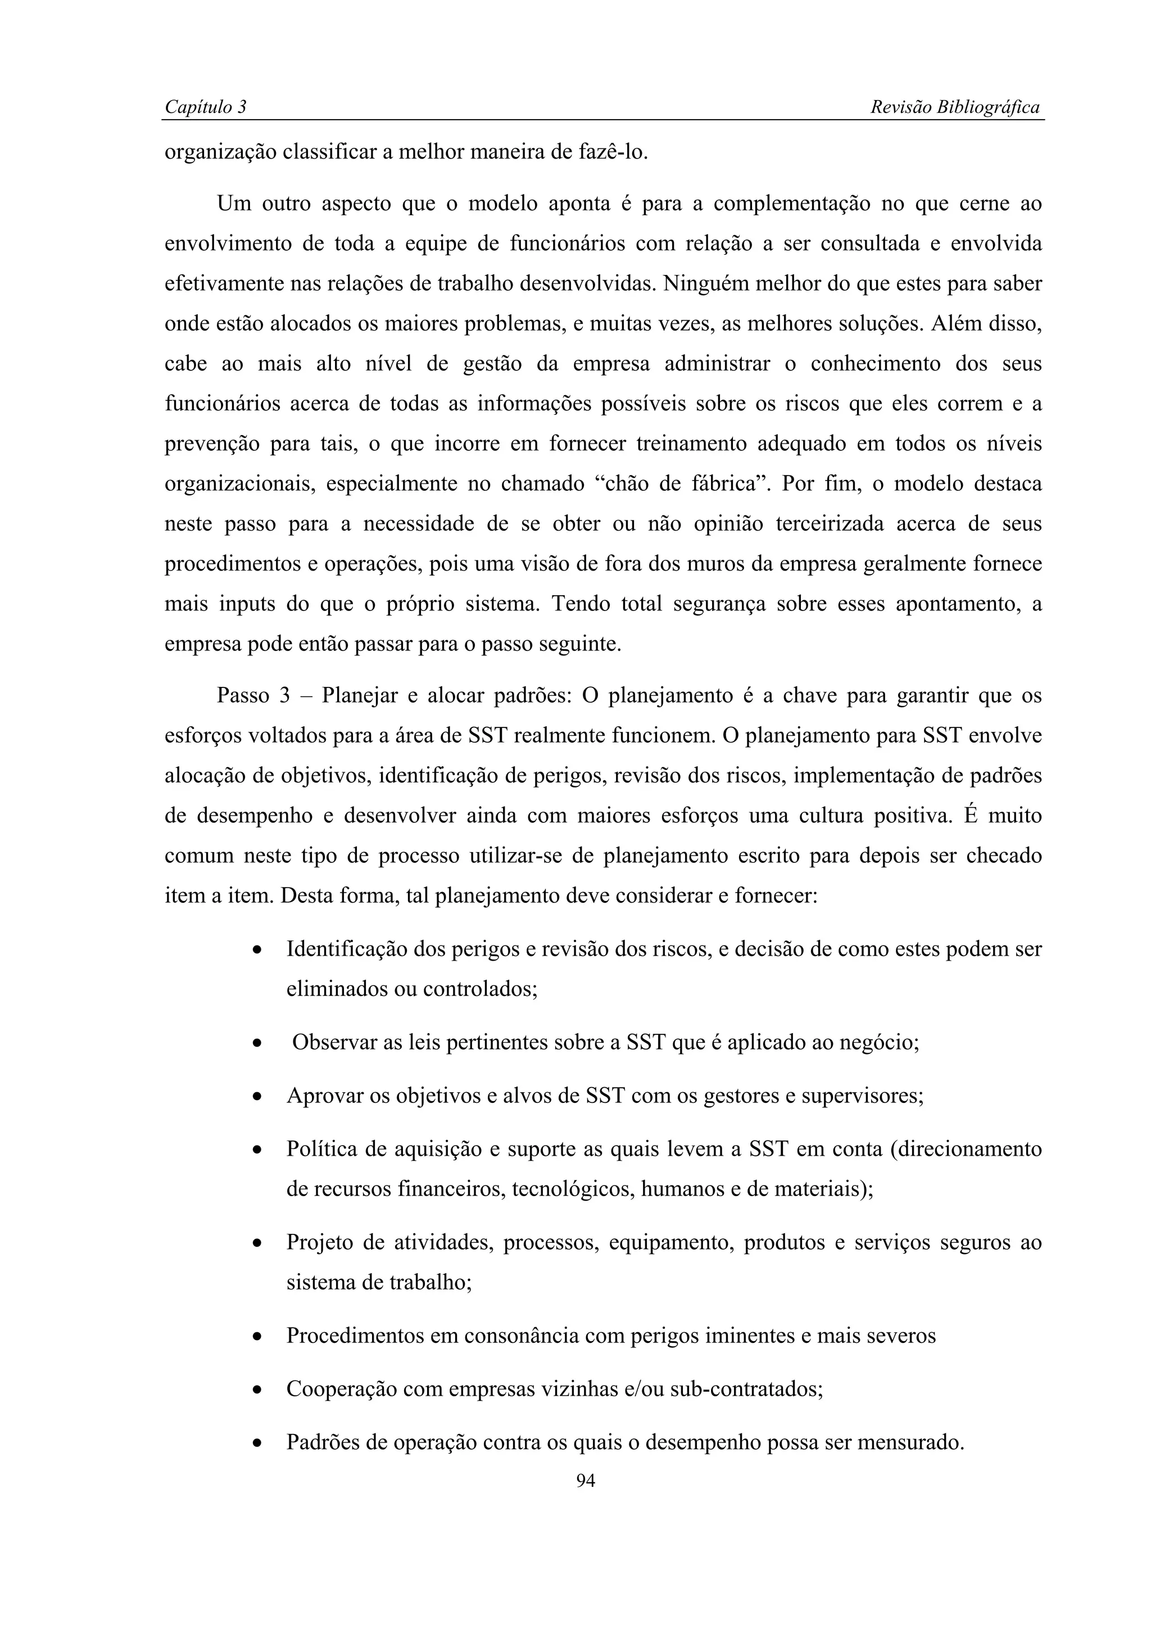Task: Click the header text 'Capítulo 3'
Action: tap(205, 107)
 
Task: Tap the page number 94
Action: tap(585, 1480)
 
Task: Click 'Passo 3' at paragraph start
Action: tap(253, 695)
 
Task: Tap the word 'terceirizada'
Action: tap(830, 524)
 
